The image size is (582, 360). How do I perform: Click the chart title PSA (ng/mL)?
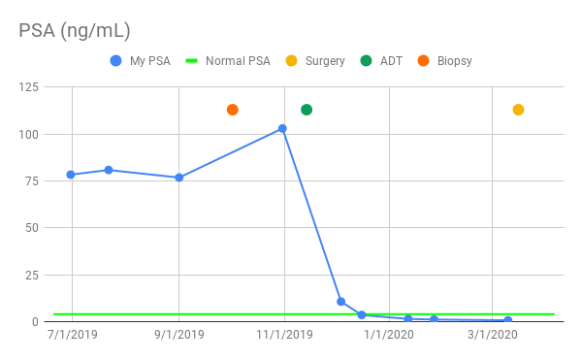point(75,31)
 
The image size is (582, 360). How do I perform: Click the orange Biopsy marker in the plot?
point(233,110)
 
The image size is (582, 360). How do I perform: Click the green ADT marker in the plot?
point(307,110)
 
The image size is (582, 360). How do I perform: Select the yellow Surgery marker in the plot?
point(518,110)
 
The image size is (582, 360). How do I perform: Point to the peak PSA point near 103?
point(283,128)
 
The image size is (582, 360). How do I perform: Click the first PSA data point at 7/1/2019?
point(71,175)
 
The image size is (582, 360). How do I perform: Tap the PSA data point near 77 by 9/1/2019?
point(178,178)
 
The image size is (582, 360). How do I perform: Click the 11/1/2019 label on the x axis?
point(284,335)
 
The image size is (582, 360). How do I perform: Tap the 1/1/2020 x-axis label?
point(388,335)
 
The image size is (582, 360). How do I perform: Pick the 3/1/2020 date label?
point(493,335)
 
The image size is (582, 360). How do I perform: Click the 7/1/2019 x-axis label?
point(72,335)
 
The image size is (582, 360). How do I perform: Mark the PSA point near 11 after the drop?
point(340,301)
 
